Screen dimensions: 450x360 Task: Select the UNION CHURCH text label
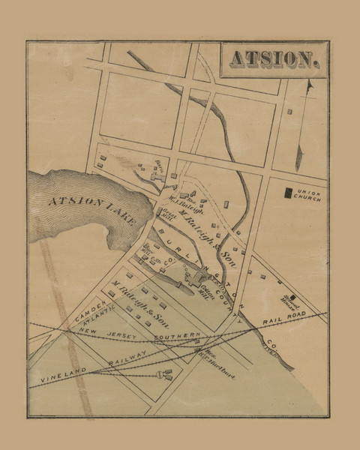point(309,192)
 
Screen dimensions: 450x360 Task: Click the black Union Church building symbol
point(287,191)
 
